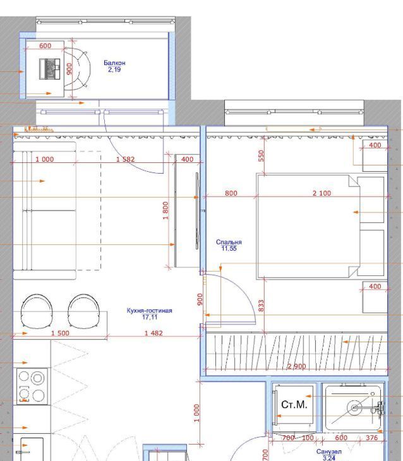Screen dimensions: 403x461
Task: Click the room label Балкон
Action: [114, 63]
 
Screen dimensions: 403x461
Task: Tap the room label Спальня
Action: [229, 242]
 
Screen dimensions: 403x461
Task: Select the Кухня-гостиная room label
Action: [150, 311]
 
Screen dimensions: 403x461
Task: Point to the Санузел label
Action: [329, 452]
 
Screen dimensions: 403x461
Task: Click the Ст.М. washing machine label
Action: [294, 405]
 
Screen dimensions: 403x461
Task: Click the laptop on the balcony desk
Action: [49, 69]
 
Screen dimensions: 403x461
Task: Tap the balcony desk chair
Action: [77, 68]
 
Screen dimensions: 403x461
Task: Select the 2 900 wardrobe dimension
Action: [296, 366]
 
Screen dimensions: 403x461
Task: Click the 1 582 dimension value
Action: [125, 159]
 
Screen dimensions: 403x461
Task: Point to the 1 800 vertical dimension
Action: [165, 210]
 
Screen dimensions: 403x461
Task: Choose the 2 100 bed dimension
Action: [322, 193]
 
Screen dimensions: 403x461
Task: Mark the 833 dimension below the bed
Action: [261, 306]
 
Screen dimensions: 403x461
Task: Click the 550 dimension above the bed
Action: [261, 156]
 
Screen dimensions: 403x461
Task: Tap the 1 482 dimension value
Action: [153, 333]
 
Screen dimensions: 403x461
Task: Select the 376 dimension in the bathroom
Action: [371, 438]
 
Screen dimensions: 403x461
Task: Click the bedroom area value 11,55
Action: [229, 248]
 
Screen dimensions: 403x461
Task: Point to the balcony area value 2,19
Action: [114, 69]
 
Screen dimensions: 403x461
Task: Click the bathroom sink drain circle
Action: [355, 408]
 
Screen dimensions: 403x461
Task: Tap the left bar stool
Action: [37, 311]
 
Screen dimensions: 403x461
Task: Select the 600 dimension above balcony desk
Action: [45, 45]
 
